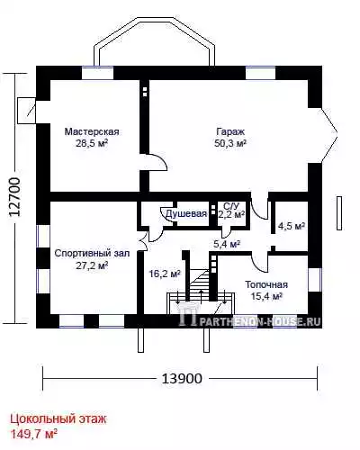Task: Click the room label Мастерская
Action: [x=92, y=131]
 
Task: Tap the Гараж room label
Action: [x=230, y=131]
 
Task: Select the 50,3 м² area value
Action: [x=230, y=143]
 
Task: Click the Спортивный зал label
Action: [x=92, y=254]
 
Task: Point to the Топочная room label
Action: [x=266, y=284]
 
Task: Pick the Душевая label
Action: [x=186, y=213]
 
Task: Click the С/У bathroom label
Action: [x=231, y=206]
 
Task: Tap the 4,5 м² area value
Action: [x=292, y=226]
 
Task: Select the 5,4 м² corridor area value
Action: [x=227, y=244]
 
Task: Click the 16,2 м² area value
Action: [x=165, y=274]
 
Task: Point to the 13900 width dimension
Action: [x=182, y=379]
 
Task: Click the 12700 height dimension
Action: [x=14, y=196]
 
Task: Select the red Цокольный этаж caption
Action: [x=58, y=418]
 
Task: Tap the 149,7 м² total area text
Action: [x=34, y=434]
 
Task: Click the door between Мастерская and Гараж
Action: [x=156, y=162]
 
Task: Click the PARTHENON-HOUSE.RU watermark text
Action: [x=259, y=321]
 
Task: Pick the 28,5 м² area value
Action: [x=92, y=143]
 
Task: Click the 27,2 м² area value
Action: [x=92, y=265]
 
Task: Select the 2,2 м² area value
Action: [x=231, y=215]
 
